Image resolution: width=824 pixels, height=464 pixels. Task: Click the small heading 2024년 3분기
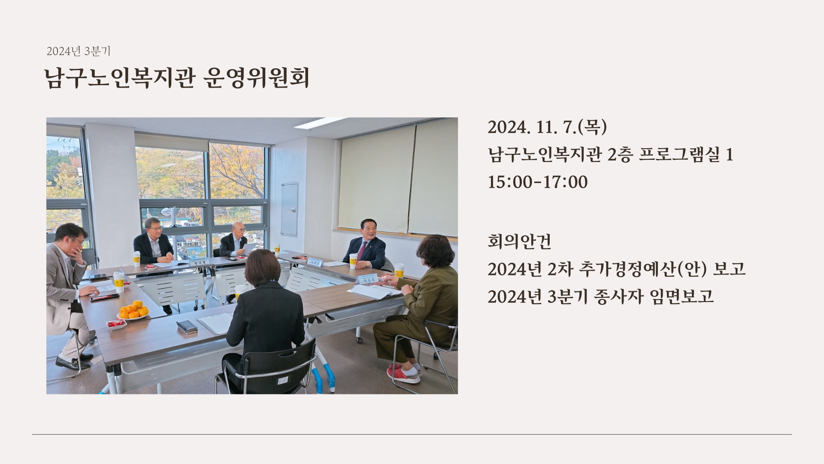click(x=79, y=52)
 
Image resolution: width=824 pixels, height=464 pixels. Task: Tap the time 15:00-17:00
click(x=537, y=182)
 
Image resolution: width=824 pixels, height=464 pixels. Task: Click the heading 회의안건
click(x=519, y=241)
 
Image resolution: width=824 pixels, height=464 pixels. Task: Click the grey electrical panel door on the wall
click(x=289, y=209)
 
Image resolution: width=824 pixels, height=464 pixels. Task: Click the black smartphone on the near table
click(x=187, y=326)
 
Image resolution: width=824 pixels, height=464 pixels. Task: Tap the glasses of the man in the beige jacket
click(x=79, y=241)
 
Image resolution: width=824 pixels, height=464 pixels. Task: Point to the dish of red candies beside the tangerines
click(x=116, y=323)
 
